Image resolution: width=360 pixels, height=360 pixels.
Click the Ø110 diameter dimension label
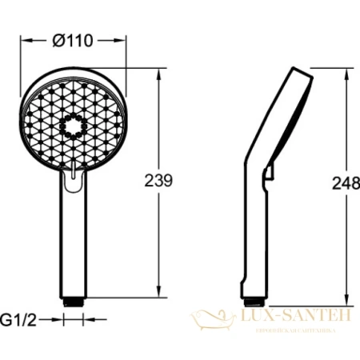point(73,23)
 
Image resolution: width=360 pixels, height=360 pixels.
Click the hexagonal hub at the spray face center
point(73,126)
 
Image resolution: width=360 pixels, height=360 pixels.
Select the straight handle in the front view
point(73,240)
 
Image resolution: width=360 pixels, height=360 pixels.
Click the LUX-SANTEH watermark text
point(296,318)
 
